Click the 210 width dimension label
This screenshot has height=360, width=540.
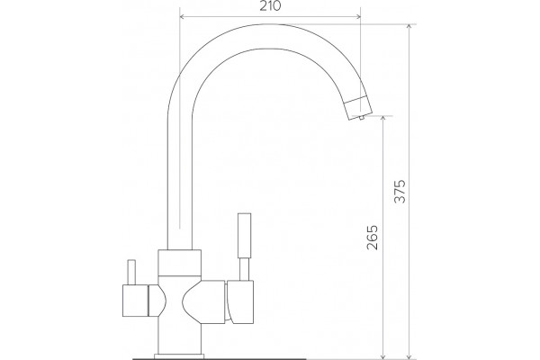(270, 6)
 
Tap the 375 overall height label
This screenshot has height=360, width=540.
(400, 191)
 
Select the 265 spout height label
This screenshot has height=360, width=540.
(373, 238)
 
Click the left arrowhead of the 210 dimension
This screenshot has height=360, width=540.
(183, 16)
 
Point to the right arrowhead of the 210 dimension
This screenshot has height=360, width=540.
(358, 16)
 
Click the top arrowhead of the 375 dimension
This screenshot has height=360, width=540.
(409, 27)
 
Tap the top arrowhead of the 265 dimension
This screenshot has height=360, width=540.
(383, 119)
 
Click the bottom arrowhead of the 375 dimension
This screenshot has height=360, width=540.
(409, 355)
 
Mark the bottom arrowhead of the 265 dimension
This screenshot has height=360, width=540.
(383, 355)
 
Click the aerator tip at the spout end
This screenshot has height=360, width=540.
(359, 107)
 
